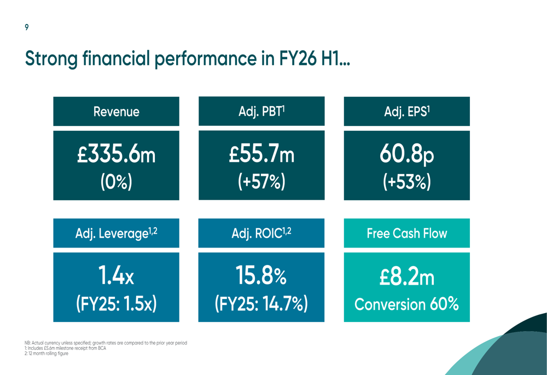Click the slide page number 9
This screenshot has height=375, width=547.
pos(27,27)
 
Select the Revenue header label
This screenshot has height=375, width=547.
pos(116,112)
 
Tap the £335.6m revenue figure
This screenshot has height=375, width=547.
pos(116,155)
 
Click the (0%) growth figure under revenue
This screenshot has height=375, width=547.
pos(116,181)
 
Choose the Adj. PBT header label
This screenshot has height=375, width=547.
pos(261,112)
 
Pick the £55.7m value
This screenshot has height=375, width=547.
pos(261,155)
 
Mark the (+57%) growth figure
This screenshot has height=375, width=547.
pos(261,181)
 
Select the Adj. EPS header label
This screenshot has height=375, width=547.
pos(406,112)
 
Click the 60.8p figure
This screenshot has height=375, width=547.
pos(406,155)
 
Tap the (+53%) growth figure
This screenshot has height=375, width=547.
pos(406,181)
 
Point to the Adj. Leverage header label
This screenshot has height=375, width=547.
pos(116,233)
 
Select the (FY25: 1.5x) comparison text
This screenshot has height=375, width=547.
pos(116,303)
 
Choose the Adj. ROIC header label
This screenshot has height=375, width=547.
pos(261,233)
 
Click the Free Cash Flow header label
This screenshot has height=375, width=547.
pos(406,233)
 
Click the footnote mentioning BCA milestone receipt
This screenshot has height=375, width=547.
pos(66,348)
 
